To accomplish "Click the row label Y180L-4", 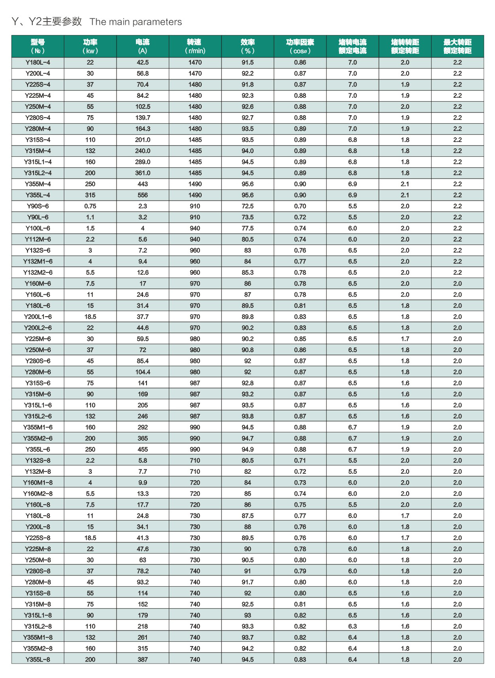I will pyautogui.click(x=38, y=63).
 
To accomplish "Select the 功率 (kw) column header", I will pyautogui.click(x=90, y=46).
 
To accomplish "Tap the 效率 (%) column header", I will pyautogui.click(x=247, y=46).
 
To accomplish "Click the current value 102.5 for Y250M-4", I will pyautogui.click(x=143, y=107).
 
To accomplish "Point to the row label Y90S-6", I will pyautogui.click(x=38, y=206).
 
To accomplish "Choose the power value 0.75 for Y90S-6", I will pyautogui.click(x=90, y=206).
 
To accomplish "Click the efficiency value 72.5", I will pyautogui.click(x=247, y=206).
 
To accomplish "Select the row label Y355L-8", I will pyautogui.click(x=38, y=660).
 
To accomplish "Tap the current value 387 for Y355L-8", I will pyautogui.click(x=143, y=660).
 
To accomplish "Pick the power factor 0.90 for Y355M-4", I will pyautogui.click(x=300, y=184).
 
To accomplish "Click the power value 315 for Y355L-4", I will pyautogui.click(x=90, y=195).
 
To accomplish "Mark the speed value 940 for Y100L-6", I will pyautogui.click(x=195, y=229).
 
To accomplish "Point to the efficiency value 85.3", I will pyautogui.click(x=247, y=273).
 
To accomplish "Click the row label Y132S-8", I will pyautogui.click(x=38, y=461).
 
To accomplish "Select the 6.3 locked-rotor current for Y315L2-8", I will pyautogui.click(x=352, y=627).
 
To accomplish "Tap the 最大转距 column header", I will pyautogui.click(x=457, y=46).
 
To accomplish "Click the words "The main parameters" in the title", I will pyautogui.click(x=136, y=22).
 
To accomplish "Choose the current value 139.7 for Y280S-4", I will pyautogui.click(x=143, y=118).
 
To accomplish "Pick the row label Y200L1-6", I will pyautogui.click(x=38, y=317).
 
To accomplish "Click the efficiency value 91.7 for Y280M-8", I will pyautogui.click(x=247, y=582).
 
